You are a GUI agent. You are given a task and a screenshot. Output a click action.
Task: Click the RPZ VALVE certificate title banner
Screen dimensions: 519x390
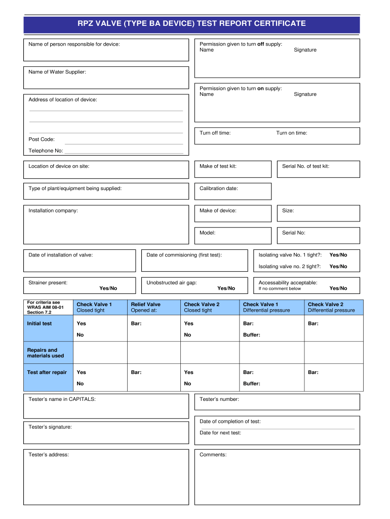pyautogui.click(x=191, y=23)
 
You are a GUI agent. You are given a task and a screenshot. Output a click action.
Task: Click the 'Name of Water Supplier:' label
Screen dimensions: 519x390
pyautogui.click(x=57, y=72)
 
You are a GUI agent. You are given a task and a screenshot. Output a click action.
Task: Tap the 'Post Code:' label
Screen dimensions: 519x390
pyautogui.click(x=42, y=139)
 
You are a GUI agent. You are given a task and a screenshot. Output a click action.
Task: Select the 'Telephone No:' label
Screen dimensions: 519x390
pyautogui.click(x=46, y=151)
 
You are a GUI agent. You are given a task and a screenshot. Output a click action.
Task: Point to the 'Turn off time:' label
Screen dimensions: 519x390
pyautogui.click(x=215, y=133)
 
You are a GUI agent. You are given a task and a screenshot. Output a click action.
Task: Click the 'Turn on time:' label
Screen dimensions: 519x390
pyautogui.click(x=291, y=133)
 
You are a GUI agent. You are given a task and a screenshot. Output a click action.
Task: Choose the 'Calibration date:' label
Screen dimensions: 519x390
pyautogui.click(x=219, y=189)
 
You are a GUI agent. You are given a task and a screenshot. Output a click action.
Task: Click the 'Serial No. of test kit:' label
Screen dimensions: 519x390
pyautogui.click(x=305, y=166)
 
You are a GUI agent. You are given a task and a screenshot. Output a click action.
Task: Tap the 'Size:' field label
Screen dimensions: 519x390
pyautogui.click(x=288, y=210)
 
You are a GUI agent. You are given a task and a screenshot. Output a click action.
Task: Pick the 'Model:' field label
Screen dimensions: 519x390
pyautogui.click(x=208, y=233)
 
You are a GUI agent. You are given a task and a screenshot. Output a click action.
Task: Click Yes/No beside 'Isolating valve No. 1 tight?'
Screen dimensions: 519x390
pyautogui.click(x=338, y=254)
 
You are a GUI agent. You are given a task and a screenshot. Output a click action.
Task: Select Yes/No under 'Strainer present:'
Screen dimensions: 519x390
pyautogui.click(x=108, y=288)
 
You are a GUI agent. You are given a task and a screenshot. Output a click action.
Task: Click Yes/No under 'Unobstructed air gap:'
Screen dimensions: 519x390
pyautogui.click(x=226, y=288)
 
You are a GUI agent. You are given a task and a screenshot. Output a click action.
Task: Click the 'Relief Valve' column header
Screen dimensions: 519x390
pyautogui.click(x=146, y=305)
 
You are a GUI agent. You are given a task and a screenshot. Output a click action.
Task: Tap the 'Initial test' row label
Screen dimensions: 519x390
pyautogui.click(x=40, y=323)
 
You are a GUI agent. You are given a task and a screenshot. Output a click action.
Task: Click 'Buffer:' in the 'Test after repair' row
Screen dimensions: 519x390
pyautogui.click(x=252, y=384)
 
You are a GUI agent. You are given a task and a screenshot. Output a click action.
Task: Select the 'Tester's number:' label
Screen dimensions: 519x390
pyautogui.click(x=219, y=399)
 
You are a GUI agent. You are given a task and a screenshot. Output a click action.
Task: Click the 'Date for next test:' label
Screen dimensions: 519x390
pyautogui.click(x=220, y=433)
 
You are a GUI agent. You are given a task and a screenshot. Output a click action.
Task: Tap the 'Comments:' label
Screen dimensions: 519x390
pyautogui.click(x=213, y=455)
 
